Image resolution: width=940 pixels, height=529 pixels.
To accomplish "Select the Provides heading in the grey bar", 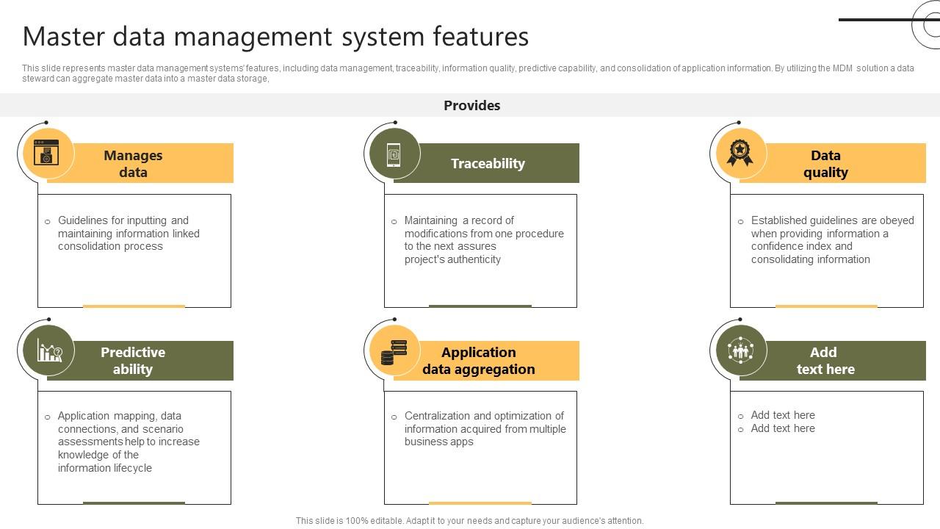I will click(x=471, y=105).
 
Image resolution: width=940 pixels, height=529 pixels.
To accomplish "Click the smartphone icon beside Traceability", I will click(x=394, y=154).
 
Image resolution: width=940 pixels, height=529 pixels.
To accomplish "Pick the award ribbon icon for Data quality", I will click(x=740, y=153).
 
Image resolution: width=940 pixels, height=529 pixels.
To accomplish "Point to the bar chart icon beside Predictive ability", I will click(x=49, y=351).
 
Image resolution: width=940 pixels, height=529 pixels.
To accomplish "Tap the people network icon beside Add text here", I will click(x=740, y=350).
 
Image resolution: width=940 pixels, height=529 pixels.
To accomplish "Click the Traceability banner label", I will click(x=488, y=163).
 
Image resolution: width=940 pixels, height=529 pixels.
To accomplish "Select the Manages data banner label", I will click(x=133, y=163).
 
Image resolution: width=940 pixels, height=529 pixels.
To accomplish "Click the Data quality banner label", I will click(x=825, y=163).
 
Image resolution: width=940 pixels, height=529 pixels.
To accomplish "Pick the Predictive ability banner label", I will click(x=133, y=360).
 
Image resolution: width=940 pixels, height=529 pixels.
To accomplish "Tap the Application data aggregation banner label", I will click(x=479, y=360).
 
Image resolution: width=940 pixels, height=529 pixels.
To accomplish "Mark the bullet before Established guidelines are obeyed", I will click(x=740, y=221).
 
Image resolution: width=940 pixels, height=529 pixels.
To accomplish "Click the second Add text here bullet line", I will click(x=783, y=428).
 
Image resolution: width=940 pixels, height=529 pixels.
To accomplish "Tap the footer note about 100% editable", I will click(x=469, y=520).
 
